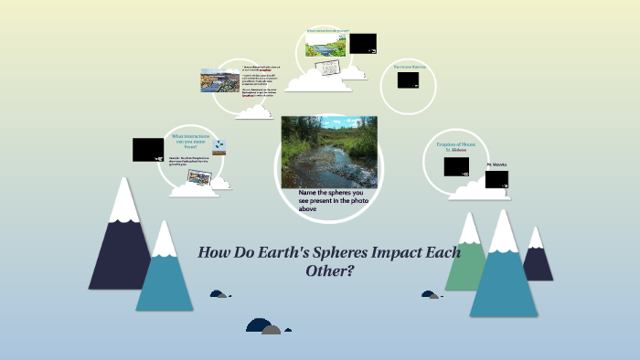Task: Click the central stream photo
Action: (329, 152)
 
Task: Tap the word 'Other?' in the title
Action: (329, 271)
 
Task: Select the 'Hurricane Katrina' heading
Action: (411, 67)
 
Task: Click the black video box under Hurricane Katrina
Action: (408, 80)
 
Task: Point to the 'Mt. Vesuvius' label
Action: (496, 164)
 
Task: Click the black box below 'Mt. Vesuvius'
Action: (496, 178)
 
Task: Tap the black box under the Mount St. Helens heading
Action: (456, 166)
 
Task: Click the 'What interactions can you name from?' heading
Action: (190, 141)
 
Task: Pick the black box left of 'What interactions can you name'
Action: (148, 149)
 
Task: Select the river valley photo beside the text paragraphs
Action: (219, 80)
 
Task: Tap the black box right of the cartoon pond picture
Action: (363, 43)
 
